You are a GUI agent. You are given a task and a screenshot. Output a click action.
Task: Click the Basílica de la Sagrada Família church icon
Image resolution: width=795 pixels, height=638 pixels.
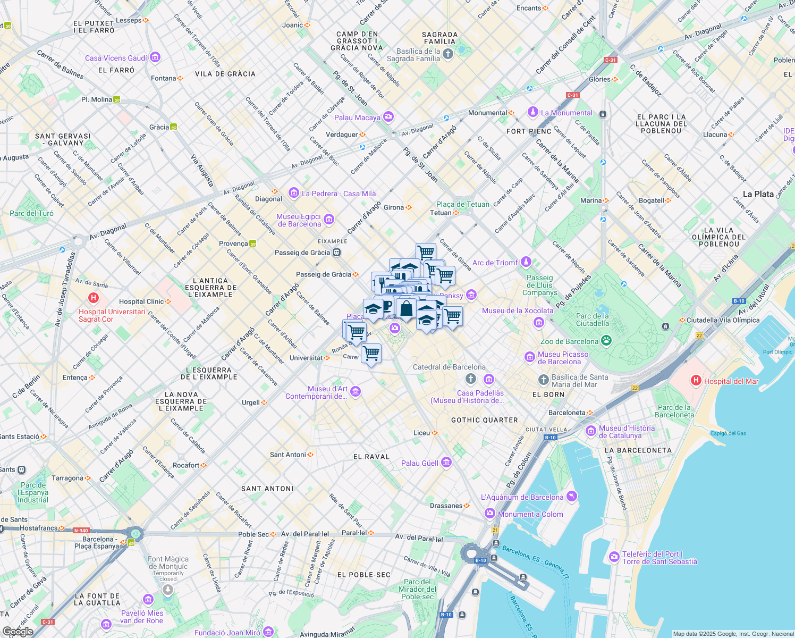click(x=448, y=54)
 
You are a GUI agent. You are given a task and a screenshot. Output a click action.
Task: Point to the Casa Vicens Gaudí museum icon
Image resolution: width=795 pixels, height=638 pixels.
click(x=155, y=57)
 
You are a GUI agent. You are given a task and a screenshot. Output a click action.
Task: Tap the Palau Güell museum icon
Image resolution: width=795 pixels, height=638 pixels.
click(x=446, y=463)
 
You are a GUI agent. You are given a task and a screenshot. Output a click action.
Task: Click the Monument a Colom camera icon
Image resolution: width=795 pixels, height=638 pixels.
click(x=490, y=514)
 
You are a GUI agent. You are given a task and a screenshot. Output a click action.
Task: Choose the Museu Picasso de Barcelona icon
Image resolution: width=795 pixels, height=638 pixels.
click(x=529, y=357)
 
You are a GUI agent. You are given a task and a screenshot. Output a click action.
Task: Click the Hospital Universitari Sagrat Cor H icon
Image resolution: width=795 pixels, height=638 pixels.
click(x=94, y=298)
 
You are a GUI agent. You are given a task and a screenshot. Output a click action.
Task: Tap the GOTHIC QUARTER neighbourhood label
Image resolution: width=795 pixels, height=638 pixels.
click(x=484, y=420)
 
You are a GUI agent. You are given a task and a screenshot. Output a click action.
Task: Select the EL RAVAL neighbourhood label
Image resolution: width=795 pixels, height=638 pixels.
click(x=371, y=457)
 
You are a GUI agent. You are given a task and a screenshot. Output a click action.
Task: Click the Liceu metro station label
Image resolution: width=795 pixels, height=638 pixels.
click(x=422, y=433)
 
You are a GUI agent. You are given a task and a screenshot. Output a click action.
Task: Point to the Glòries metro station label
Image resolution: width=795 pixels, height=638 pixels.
click(x=599, y=79)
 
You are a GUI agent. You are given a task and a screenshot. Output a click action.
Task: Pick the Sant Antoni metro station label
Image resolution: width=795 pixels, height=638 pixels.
click(x=288, y=455)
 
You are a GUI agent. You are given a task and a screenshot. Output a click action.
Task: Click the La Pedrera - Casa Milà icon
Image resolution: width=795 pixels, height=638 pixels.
click(x=294, y=193)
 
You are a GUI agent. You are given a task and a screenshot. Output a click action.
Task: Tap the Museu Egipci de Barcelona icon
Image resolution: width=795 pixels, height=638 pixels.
click(x=329, y=219)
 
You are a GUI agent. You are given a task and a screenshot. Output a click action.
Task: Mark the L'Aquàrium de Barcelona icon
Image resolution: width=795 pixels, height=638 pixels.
click(x=571, y=497)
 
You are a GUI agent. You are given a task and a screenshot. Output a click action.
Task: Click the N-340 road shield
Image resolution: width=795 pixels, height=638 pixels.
click(x=81, y=530)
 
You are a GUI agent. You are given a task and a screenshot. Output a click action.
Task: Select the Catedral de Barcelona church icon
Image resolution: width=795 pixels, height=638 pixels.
click(x=470, y=379)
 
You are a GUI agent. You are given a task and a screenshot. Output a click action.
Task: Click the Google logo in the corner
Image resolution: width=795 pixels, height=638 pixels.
click(x=18, y=631)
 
